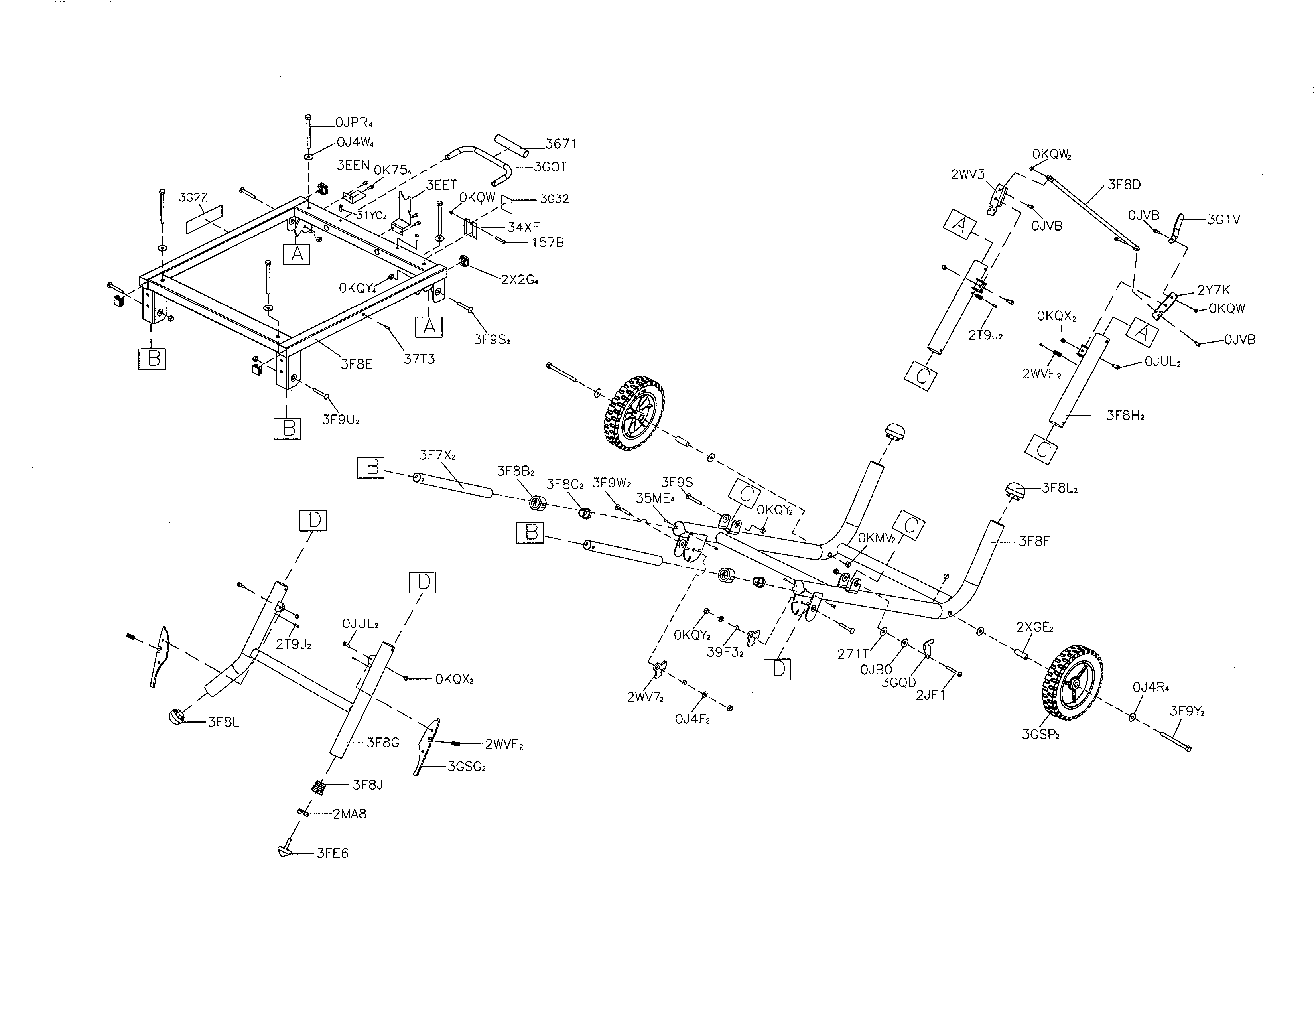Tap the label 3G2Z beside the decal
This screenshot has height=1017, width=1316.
tap(193, 197)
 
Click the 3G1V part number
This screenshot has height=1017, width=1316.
tap(1223, 220)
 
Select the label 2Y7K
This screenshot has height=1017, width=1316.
tap(1213, 290)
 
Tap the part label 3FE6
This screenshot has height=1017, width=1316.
tap(333, 854)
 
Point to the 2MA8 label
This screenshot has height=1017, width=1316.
tap(349, 814)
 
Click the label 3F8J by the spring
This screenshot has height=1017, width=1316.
tap(368, 785)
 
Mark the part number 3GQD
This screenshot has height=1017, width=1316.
tap(898, 683)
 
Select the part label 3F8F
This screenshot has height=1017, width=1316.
tap(1034, 542)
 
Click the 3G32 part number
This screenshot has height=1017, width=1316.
tap(554, 199)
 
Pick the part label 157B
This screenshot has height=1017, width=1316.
tap(547, 243)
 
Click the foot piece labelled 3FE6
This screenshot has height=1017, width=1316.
tap(284, 850)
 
